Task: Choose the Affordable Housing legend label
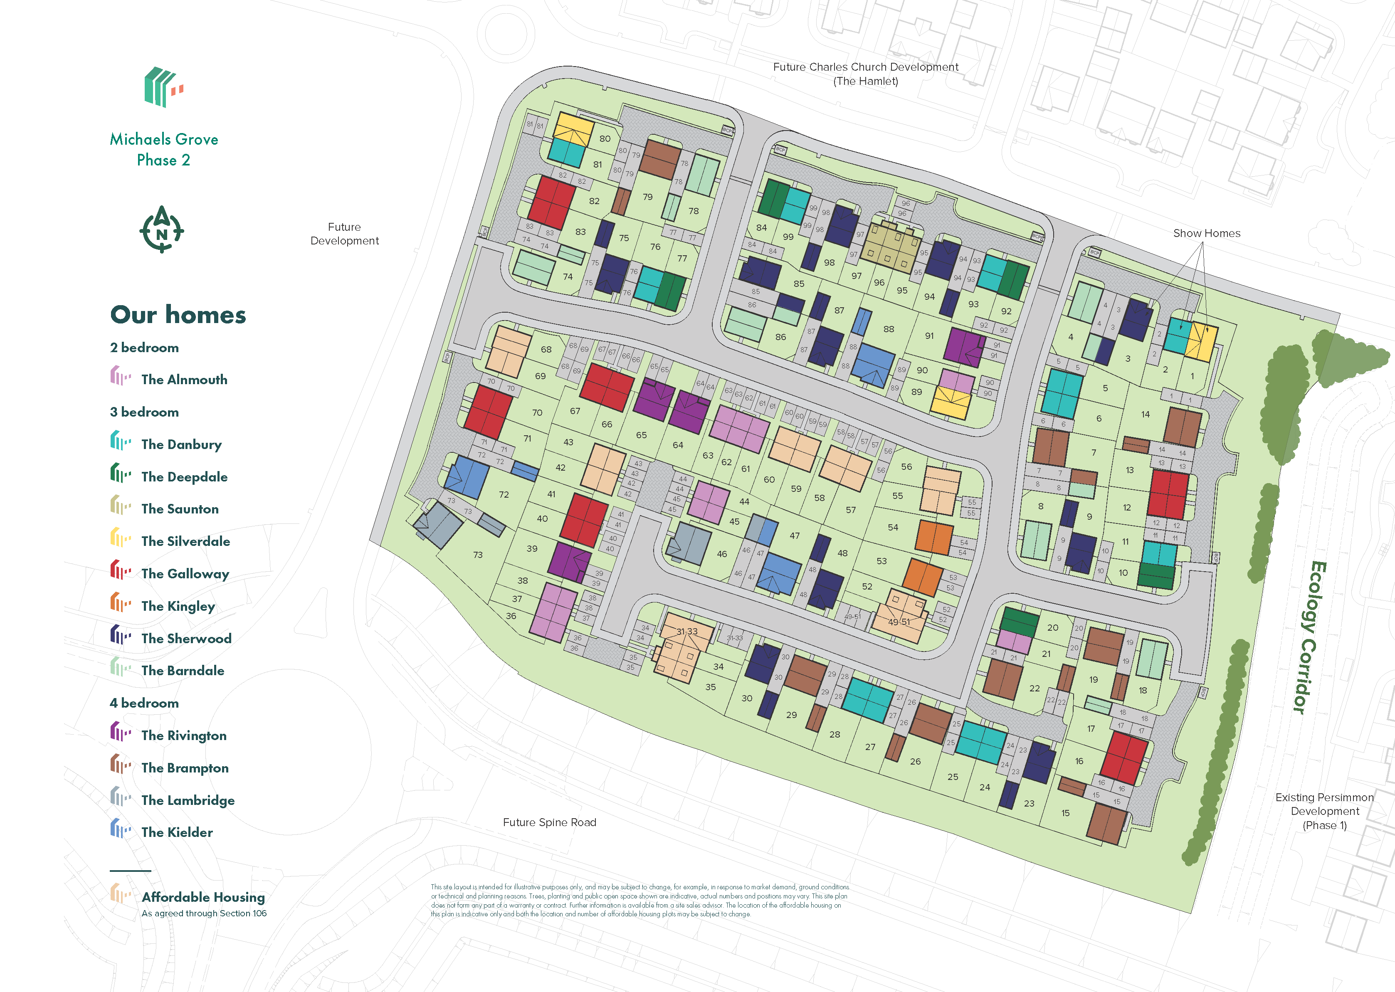[203, 897]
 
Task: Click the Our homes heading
[178, 315]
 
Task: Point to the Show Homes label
[1206, 233]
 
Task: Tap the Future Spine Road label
[549, 822]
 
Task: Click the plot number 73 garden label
[478, 555]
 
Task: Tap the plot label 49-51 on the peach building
[899, 622]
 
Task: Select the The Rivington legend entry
[183, 735]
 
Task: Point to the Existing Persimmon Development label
[1324, 811]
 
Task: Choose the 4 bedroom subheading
[144, 703]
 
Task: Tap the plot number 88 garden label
[889, 329]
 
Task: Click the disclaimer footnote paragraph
[639, 901]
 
